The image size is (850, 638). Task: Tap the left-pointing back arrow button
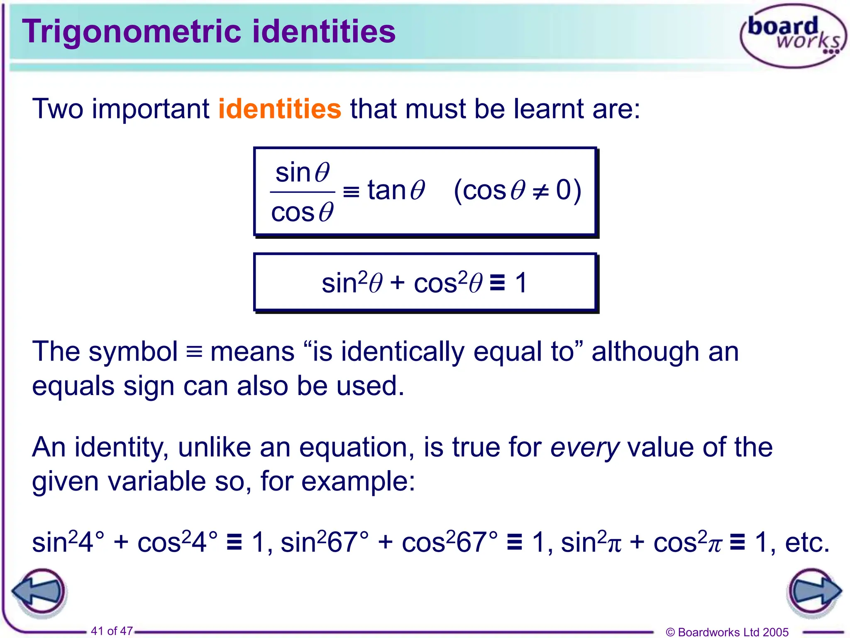(x=40, y=591)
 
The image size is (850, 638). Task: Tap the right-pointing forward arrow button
(x=813, y=591)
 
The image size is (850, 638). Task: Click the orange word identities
(x=280, y=109)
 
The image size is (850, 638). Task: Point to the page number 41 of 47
(x=112, y=631)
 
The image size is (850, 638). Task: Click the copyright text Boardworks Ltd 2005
(x=727, y=632)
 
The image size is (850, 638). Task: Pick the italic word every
(x=585, y=447)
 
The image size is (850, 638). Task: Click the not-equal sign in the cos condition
(x=541, y=191)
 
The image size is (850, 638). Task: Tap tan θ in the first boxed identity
(x=396, y=191)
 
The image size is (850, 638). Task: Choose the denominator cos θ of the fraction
(x=302, y=212)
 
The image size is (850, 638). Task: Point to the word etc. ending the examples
(x=807, y=542)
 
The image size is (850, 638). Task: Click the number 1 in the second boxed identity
(x=521, y=283)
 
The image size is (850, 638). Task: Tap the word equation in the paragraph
(x=357, y=447)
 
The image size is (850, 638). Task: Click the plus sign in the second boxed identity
(x=397, y=283)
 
